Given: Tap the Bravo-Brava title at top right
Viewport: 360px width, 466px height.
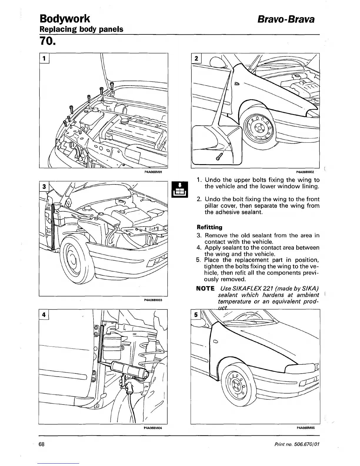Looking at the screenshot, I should click(x=286, y=19).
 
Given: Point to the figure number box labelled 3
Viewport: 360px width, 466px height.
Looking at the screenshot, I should click(x=44, y=186).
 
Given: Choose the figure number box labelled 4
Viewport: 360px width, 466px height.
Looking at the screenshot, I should click(x=44, y=314).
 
